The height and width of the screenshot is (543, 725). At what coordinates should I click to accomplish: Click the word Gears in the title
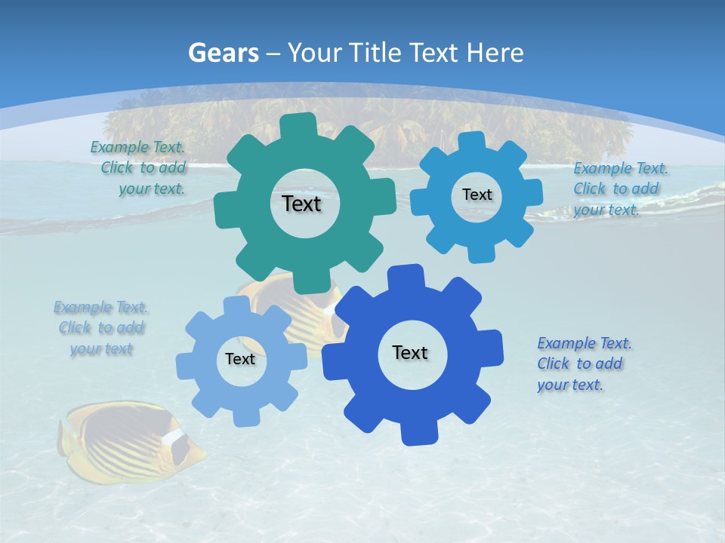(224, 53)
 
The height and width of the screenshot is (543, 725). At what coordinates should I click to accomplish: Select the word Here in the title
(495, 53)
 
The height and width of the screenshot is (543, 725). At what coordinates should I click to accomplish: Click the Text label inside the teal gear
(301, 204)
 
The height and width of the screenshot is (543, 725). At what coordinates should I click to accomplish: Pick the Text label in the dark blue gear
(410, 352)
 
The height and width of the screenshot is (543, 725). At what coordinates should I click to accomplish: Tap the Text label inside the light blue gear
(240, 359)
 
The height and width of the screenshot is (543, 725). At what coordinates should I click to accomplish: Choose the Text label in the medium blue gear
(477, 195)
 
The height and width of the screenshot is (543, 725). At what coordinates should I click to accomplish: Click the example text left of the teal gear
(140, 168)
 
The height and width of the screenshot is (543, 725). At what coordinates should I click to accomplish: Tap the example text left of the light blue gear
(101, 328)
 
